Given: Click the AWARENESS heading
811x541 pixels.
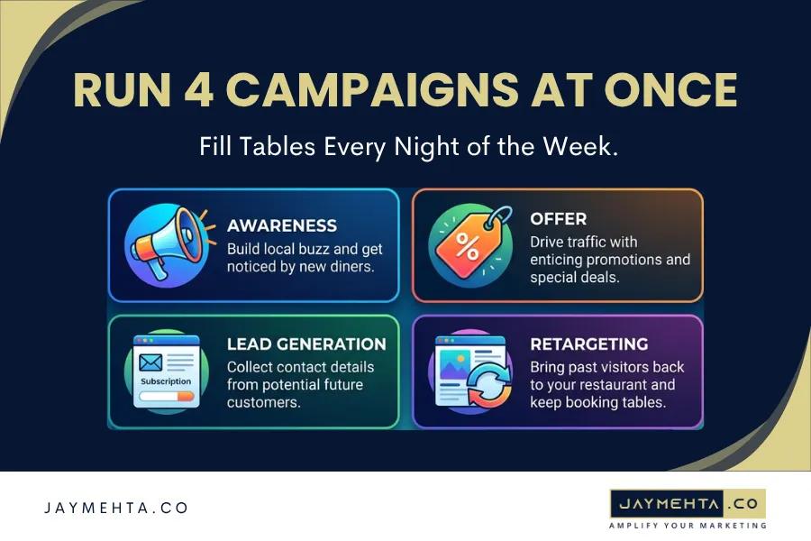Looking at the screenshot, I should (x=282, y=225).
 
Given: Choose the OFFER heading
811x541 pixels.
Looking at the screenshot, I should (x=558, y=218).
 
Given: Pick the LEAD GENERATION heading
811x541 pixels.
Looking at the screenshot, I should (x=306, y=344).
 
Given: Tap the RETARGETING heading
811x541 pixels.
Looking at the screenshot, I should (x=589, y=344).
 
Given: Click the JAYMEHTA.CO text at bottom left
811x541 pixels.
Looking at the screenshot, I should (x=116, y=509).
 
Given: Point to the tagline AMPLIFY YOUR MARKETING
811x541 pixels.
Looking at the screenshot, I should (x=688, y=526).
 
